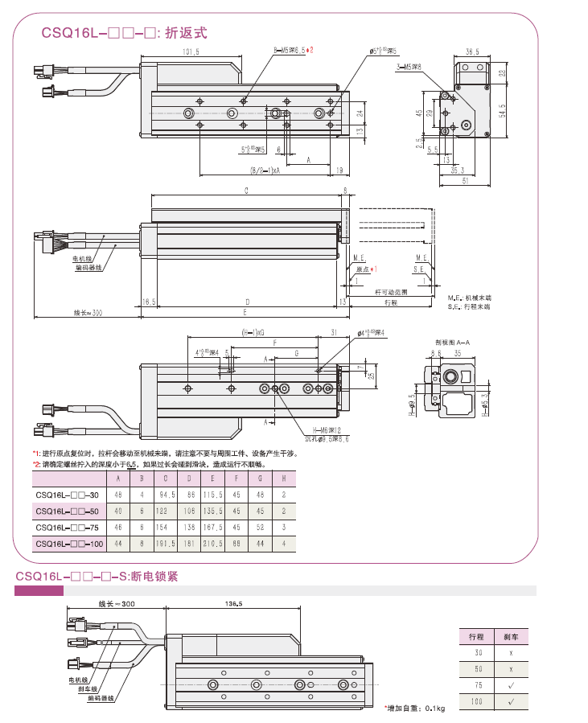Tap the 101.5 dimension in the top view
click(191, 52)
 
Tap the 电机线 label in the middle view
click(83, 259)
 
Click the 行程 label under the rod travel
click(391, 302)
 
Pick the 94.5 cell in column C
click(167, 495)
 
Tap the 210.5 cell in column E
click(213, 544)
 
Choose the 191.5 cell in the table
click(167, 544)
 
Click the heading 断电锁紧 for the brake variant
click(157, 577)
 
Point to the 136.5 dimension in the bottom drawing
click(233, 604)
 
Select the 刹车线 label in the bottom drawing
click(88, 688)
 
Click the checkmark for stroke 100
click(511, 700)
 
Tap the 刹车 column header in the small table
click(511, 636)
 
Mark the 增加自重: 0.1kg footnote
click(414, 709)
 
